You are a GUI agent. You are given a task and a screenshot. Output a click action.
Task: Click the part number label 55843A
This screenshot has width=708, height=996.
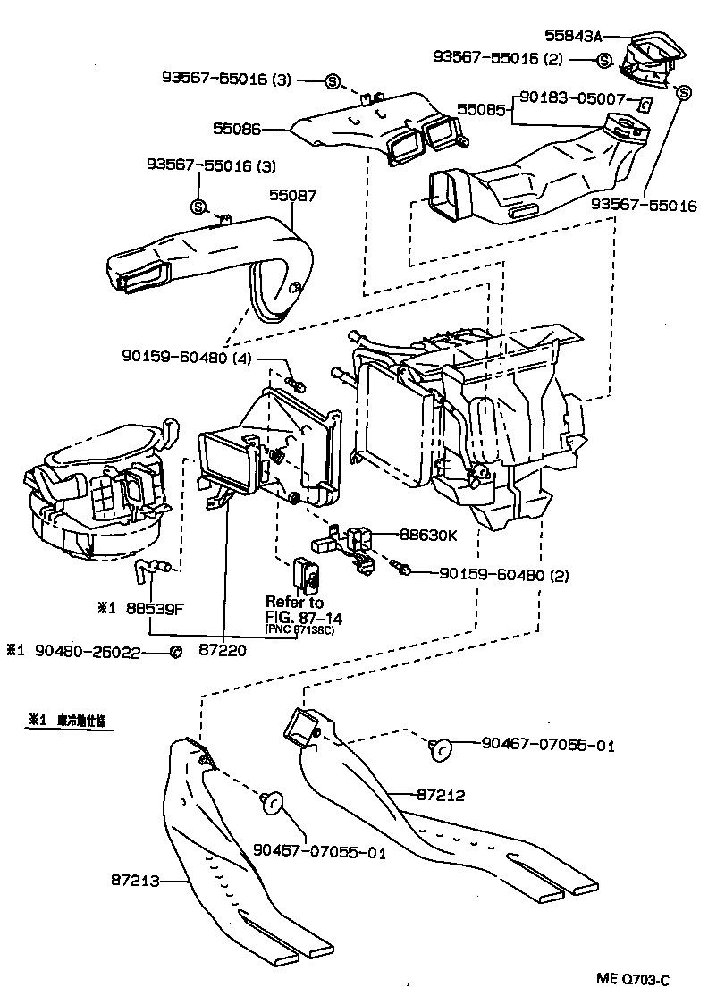point(573,36)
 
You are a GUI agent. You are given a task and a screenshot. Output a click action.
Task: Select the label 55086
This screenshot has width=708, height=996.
point(237,129)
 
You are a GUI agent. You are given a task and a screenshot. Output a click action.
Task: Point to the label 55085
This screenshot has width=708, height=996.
point(483,110)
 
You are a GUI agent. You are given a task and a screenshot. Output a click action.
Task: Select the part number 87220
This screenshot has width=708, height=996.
point(222,652)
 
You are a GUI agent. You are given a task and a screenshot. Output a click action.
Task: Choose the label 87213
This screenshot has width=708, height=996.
point(136,881)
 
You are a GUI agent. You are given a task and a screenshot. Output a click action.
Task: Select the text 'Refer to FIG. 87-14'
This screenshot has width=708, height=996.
point(303,610)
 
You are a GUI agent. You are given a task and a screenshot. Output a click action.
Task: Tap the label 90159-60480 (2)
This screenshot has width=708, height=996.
point(504,570)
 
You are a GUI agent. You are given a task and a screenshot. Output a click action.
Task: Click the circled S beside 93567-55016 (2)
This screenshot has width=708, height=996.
point(604,60)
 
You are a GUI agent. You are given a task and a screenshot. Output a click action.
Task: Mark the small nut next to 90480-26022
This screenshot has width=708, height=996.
point(175,652)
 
